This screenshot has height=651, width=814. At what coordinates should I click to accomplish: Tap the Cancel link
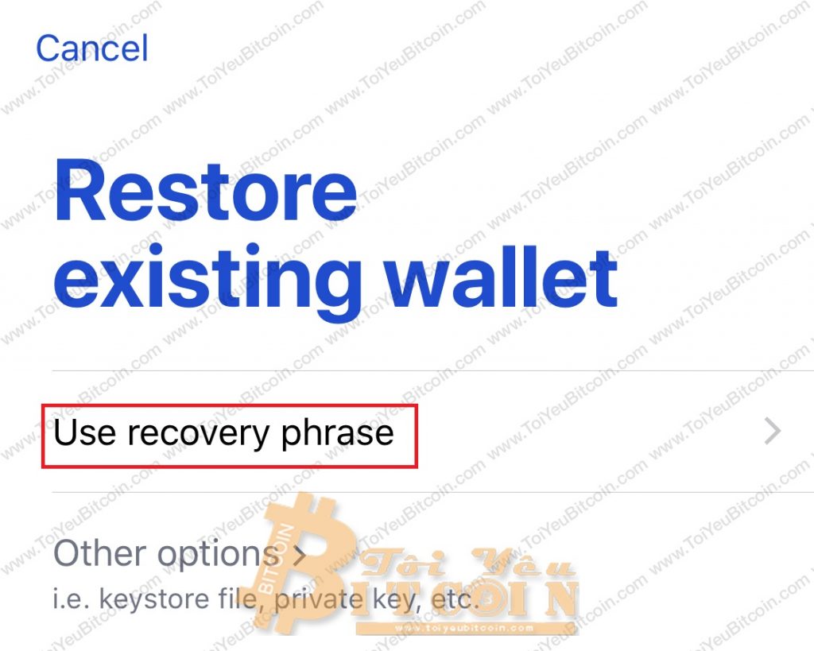click(92, 48)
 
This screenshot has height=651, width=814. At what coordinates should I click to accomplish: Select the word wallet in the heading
click(501, 276)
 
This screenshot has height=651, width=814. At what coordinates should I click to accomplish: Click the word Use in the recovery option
click(84, 432)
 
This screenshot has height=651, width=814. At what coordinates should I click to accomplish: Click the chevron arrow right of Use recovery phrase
click(773, 432)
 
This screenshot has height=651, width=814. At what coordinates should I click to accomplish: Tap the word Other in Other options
click(99, 553)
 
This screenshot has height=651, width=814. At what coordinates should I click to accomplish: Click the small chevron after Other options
click(299, 556)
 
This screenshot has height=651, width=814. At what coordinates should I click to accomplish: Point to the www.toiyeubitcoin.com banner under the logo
click(463, 628)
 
